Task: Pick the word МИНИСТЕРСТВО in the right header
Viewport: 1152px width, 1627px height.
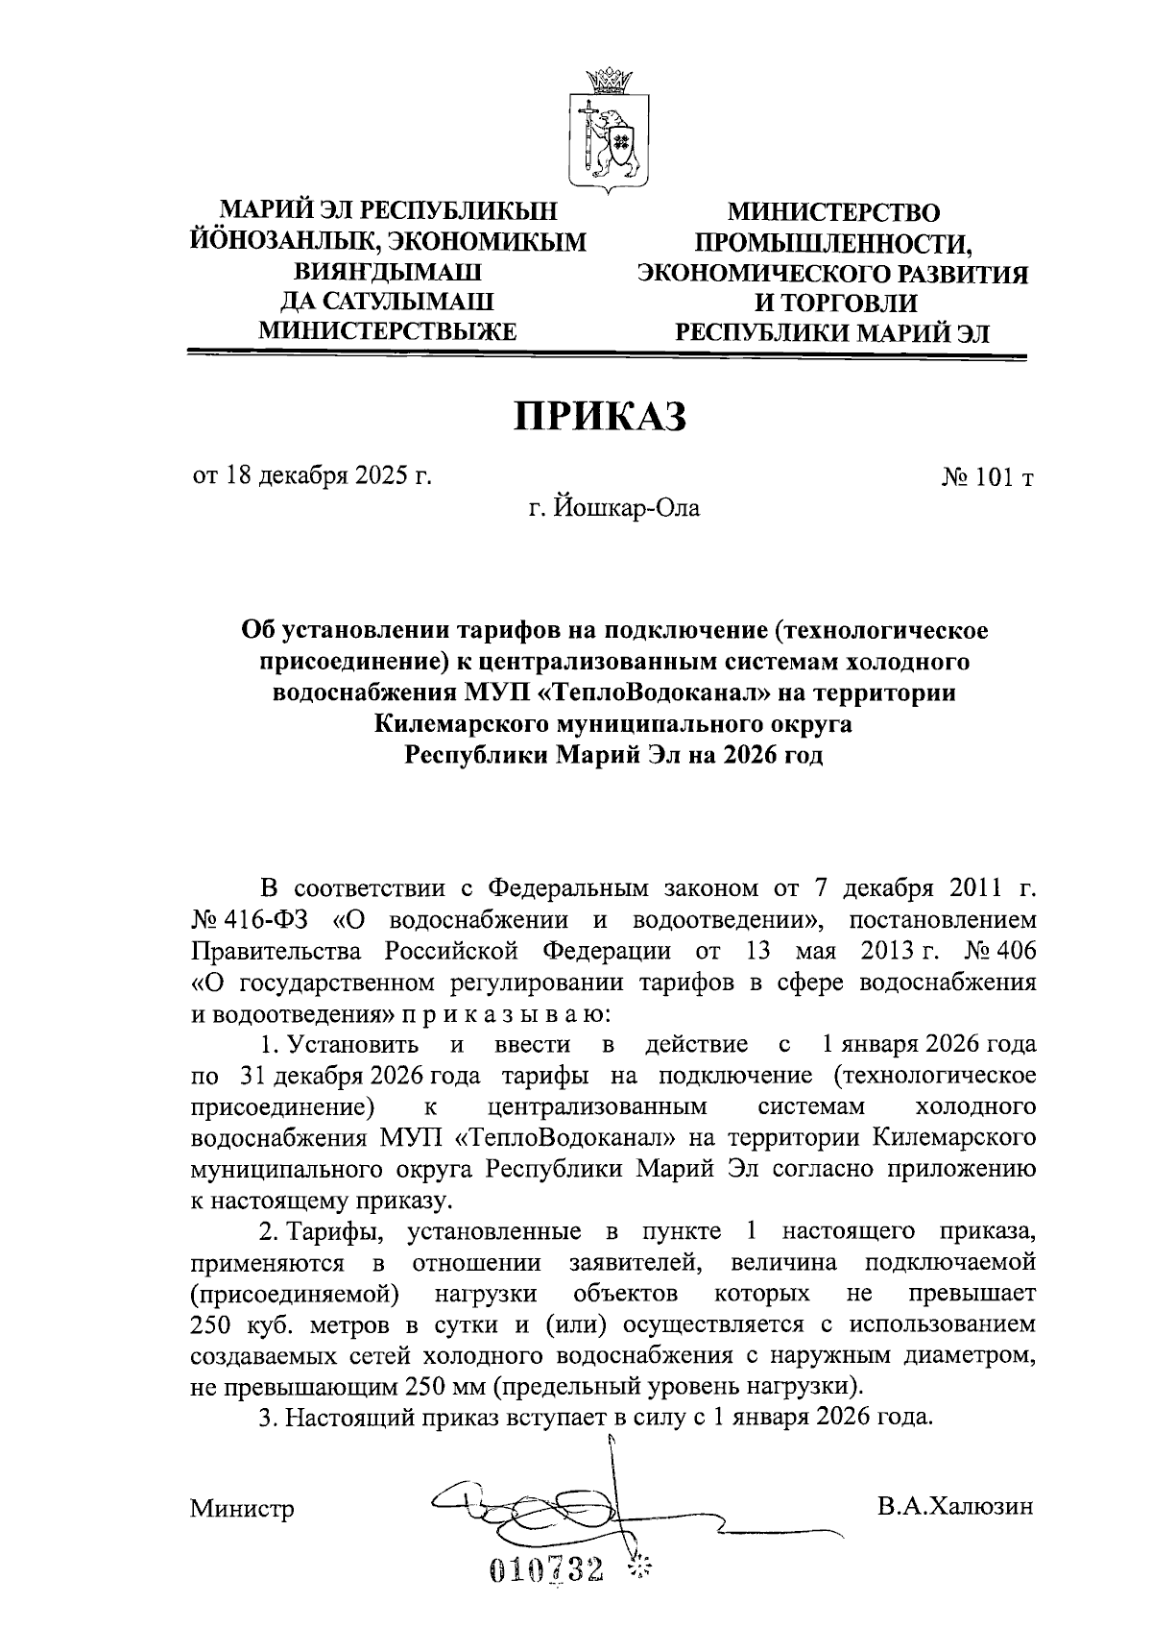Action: click(x=833, y=212)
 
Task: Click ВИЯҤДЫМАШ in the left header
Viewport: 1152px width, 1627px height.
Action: click(x=389, y=272)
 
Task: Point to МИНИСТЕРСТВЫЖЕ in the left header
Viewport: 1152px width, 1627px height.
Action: click(x=389, y=331)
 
